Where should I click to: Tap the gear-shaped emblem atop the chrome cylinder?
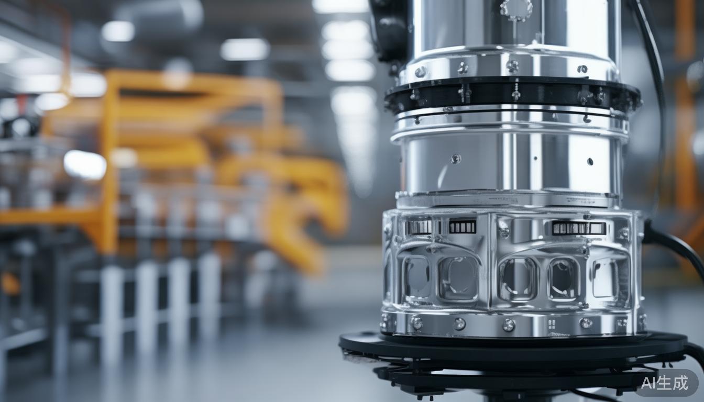click(x=516, y=8)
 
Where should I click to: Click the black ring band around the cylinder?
click(x=512, y=95)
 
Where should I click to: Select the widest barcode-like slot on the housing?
click(x=579, y=228)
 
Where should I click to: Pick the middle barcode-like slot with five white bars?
click(x=463, y=227)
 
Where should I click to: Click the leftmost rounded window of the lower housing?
click(x=416, y=277)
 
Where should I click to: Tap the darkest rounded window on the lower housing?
click(x=563, y=279)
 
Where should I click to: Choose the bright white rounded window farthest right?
click(x=605, y=278)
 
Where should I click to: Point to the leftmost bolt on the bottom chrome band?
click(x=384, y=321)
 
